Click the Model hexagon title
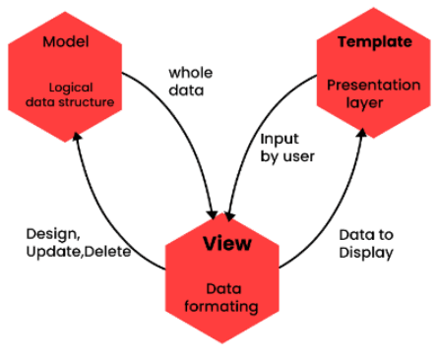(66, 43)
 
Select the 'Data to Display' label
(366, 243)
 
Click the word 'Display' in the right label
(366, 252)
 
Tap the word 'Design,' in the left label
(53, 234)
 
